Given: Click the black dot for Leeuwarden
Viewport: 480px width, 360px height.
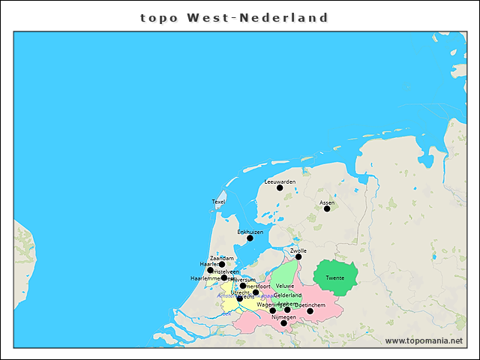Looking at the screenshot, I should [280, 187].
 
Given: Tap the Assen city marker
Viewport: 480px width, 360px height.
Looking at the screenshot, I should [327, 208].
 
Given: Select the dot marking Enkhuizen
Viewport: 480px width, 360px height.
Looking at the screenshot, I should [250, 238].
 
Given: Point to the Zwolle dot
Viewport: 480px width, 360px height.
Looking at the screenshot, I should [298, 256].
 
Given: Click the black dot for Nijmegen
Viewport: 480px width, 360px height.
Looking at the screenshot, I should [283, 323].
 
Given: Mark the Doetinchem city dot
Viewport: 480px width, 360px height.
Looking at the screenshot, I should [310, 310].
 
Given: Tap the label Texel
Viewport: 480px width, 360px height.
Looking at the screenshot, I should [218, 202].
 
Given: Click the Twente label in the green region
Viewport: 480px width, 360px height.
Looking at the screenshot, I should [335, 278].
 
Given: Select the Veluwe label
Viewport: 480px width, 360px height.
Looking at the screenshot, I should [285, 286].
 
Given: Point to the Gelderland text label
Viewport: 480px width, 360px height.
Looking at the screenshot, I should [287, 295].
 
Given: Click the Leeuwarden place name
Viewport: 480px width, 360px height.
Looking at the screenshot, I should [280, 181].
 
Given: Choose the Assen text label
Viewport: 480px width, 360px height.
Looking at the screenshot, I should [327, 202].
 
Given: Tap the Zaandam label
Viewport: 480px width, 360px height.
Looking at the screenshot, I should [222, 258].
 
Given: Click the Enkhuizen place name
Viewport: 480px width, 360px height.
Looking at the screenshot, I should [250, 232].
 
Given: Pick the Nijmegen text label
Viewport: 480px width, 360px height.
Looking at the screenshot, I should [283, 317].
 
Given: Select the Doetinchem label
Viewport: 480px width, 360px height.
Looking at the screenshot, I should [310, 304].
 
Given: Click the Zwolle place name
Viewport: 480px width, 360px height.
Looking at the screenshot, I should [298, 250].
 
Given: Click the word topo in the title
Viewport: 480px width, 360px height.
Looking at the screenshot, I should [160, 17].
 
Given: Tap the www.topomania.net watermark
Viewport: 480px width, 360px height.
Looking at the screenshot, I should [424, 340].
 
